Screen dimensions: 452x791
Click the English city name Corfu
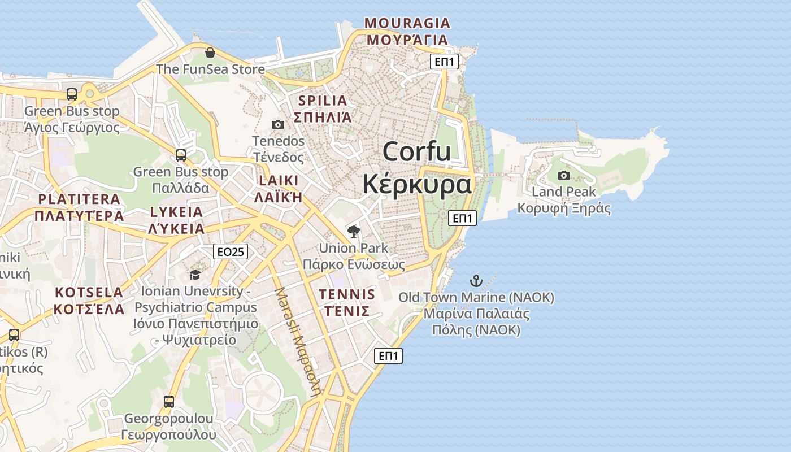[x=417, y=151]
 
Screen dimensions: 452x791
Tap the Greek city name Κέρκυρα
[x=417, y=184]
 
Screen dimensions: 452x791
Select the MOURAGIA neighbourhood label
[x=407, y=23]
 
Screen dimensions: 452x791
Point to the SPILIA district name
[x=323, y=101]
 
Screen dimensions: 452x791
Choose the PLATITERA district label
[x=79, y=199]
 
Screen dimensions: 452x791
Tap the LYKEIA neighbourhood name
[x=176, y=212]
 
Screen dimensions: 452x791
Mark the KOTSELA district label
[x=89, y=293]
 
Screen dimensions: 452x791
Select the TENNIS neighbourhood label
[x=347, y=294]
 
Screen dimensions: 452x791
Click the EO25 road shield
[x=231, y=252]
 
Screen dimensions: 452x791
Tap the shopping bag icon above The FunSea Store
[x=210, y=53]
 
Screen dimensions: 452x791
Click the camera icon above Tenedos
[x=278, y=124]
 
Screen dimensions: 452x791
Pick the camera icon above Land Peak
[x=563, y=175]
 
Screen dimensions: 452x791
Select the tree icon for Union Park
[x=354, y=231]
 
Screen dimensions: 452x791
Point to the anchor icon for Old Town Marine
[x=476, y=281]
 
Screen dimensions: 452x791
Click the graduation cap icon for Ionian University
[x=195, y=275]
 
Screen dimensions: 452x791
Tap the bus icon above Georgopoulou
[x=168, y=402]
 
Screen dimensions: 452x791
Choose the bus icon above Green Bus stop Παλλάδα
[x=181, y=155]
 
